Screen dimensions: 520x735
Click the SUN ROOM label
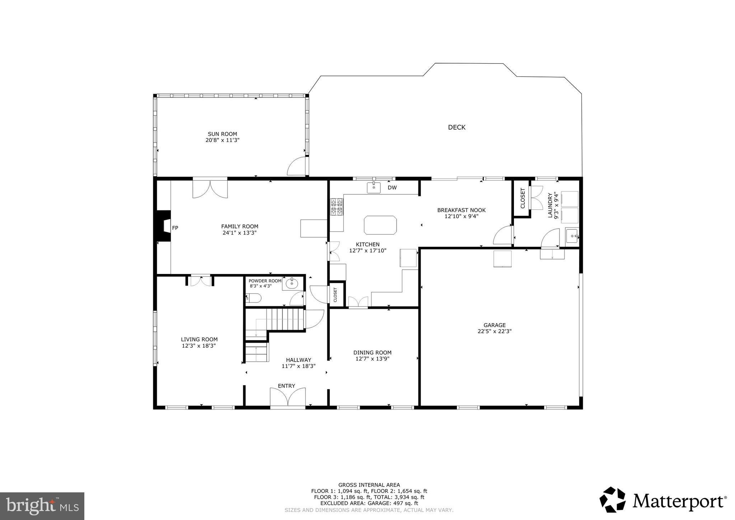pyautogui.click(x=222, y=134)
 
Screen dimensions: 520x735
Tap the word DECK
pyautogui.click(x=457, y=127)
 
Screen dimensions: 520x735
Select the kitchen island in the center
pyautogui.click(x=380, y=225)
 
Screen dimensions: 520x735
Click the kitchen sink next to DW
pyautogui.click(x=374, y=187)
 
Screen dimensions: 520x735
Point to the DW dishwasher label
pyautogui.click(x=392, y=187)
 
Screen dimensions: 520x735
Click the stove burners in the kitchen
pyautogui.click(x=337, y=207)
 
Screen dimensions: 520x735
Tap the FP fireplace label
pyautogui.click(x=175, y=228)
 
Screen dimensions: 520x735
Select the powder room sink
pyautogui.click(x=292, y=284)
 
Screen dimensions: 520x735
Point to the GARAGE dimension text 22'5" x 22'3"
pyautogui.click(x=494, y=331)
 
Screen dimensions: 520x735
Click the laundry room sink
pyautogui.click(x=572, y=236)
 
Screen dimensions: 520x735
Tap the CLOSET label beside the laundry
pyautogui.click(x=522, y=198)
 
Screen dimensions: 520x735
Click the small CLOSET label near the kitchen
pyautogui.click(x=335, y=294)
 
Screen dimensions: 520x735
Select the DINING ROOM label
pyautogui.click(x=372, y=352)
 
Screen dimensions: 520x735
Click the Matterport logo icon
pyautogui.click(x=613, y=500)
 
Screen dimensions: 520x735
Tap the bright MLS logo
pyautogui.click(x=42, y=506)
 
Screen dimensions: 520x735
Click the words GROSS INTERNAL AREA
pyautogui.click(x=369, y=485)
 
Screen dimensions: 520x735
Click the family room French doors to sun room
pyautogui.click(x=210, y=188)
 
